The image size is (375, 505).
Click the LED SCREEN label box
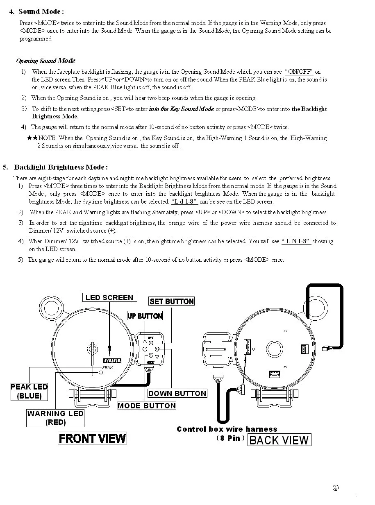click(x=109, y=297)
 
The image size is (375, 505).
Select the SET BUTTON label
click(x=172, y=301)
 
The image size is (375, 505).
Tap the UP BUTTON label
click(x=145, y=316)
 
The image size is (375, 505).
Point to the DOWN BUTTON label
click(x=177, y=393)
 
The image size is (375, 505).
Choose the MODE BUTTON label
click(x=147, y=405)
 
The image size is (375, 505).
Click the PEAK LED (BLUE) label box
click(x=29, y=392)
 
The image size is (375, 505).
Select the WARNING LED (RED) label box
click(x=55, y=418)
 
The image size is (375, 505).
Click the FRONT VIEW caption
click(x=92, y=438)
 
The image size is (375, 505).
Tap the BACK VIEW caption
click(x=280, y=440)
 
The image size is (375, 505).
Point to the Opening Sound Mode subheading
click(x=45, y=61)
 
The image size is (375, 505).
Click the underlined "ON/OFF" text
click(x=299, y=72)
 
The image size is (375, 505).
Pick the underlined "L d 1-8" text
click(x=184, y=202)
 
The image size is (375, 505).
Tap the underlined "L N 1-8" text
click(x=296, y=241)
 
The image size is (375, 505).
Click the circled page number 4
click(x=335, y=488)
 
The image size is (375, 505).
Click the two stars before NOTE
click(x=32, y=138)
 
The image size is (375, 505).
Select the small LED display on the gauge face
click(x=112, y=360)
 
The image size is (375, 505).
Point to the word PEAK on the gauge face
click(x=107, y=367)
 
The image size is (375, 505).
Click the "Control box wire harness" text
click(x=227, y=429)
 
